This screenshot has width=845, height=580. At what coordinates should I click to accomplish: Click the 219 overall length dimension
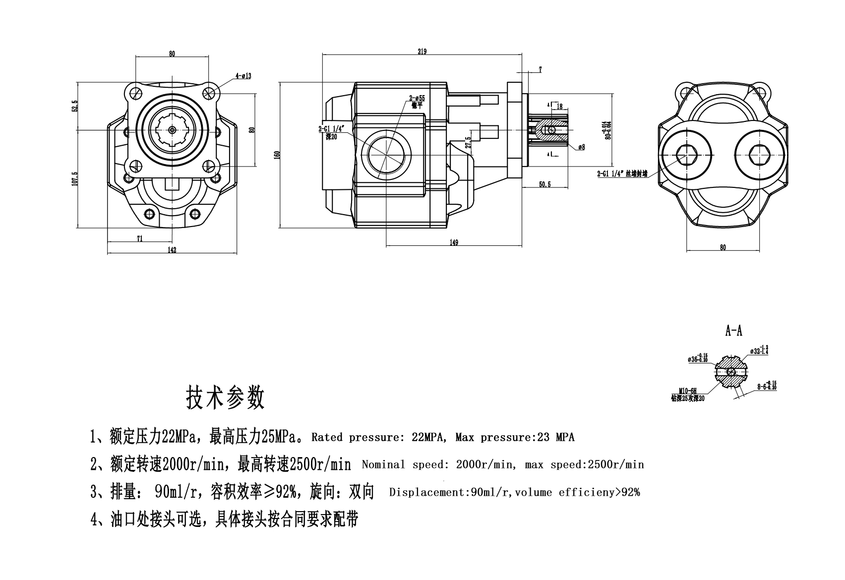pyautogui.click(x=422, y=52)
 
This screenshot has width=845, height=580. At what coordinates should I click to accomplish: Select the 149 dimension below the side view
pyautogui.click(x=454, y=242)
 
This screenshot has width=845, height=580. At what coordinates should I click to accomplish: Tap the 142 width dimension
pyautogui.click(x=172, y=250)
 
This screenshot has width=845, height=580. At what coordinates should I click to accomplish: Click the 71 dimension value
pyautogui.click(x=140, y=238)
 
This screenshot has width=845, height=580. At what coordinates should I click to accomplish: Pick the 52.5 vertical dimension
pyautogui.click(x=75, y=106)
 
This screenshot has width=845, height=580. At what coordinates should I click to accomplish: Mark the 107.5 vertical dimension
pyautogui.click(x=75, y=179)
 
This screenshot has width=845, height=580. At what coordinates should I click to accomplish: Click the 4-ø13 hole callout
pyautogui.click(x=243, y=76)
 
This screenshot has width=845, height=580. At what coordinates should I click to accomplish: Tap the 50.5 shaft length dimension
pyautogui.click(x=545, y=184)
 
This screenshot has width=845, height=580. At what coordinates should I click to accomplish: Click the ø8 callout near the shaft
pyautogui.click(x=581, y=147)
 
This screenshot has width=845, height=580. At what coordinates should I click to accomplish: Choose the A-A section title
pyautogui.click(x=733, y=331)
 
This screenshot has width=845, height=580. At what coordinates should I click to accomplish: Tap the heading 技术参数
pyautogui.click(x=225, y=398)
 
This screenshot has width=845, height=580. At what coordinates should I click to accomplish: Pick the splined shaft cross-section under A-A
pyautogui.click(x=731, y=371)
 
